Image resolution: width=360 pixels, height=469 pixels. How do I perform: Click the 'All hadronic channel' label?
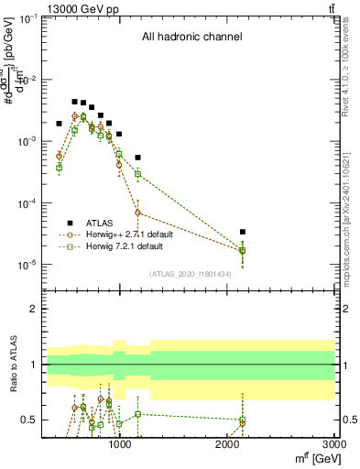click(x=191, y=38)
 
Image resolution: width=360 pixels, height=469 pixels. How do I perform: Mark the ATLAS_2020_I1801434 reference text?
click(x=190, y=274)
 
